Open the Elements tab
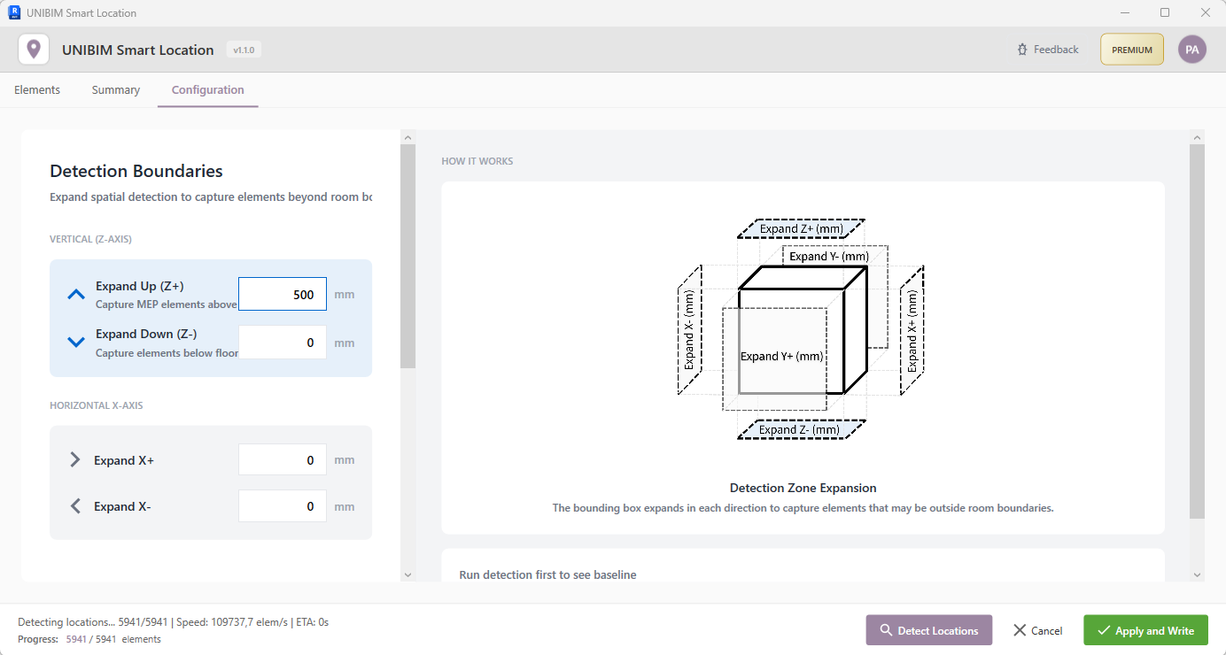point(37,89)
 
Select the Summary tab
point(116,89)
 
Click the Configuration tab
point(207,89)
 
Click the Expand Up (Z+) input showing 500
point(283,294)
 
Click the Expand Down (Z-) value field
point(283,342)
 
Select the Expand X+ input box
point(283,460)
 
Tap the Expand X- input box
point(283,506)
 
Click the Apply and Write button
point(1145,630)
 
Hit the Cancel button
point(1038,630)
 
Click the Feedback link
point(1048,50)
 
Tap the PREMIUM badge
point(1131,50)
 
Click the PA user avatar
point(1191,50)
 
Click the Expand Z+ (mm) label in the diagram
point(801,228)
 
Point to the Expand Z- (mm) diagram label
point(800,429)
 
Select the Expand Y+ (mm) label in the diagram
point(782,356)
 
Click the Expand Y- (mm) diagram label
point(829,256)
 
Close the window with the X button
point(1205,12)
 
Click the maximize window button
point(1165,12)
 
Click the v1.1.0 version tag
point(244,50)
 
